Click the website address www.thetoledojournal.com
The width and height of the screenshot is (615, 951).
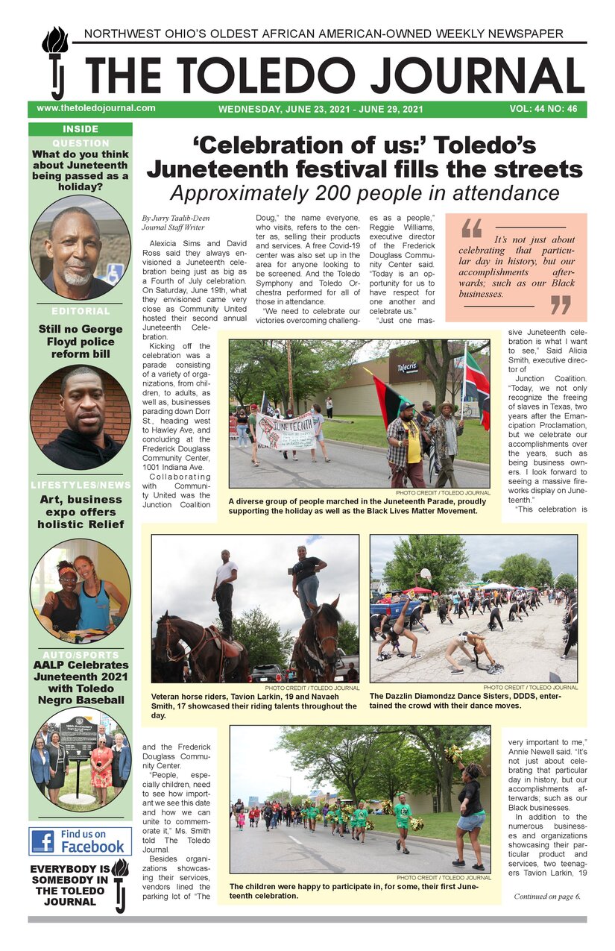96,108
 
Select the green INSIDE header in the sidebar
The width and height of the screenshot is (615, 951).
81,129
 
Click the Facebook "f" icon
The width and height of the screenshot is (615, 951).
44,841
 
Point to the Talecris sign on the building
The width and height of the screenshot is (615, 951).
407,368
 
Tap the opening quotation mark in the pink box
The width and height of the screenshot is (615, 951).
471,227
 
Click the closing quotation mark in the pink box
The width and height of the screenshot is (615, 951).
560,304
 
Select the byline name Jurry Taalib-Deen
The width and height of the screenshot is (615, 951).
173,218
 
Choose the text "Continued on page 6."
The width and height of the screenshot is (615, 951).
546,896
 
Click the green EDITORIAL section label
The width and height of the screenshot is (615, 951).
81,311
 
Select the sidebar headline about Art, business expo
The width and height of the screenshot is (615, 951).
81,512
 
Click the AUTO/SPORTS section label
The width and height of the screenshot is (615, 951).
81,653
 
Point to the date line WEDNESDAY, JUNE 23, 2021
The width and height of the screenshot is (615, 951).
321,109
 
